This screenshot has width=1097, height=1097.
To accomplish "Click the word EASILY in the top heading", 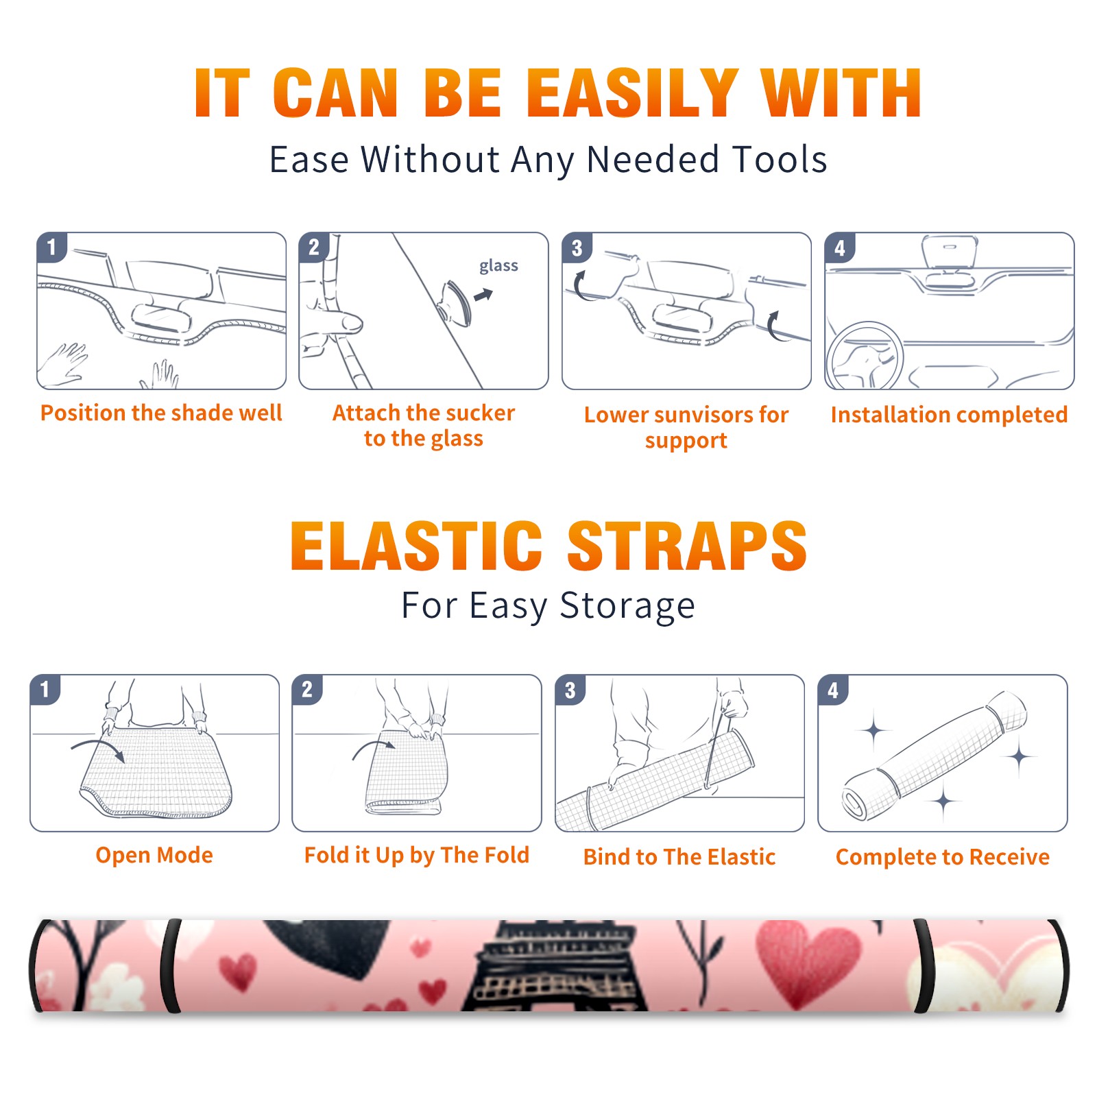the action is click(x=632, y=93).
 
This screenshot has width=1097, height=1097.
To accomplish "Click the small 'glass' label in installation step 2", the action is click(x=498, y=266).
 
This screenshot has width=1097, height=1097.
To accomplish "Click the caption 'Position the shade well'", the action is click(x=161, y=413).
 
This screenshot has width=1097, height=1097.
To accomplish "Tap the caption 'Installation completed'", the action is click(x=949, y=414).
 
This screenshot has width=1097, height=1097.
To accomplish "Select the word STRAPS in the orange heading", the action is click(x=687, y=546).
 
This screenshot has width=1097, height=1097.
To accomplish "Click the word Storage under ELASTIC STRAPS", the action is click(x=627, y=606).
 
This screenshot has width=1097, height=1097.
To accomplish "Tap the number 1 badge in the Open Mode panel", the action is click(x=45, y=689).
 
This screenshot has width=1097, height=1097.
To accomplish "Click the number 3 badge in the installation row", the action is click(x=577, y=248).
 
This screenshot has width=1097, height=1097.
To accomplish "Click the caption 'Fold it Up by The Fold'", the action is click(x=417, y=855).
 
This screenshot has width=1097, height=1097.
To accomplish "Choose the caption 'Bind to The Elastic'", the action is click(x=679, y=856).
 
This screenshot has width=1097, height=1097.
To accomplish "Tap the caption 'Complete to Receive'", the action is click(x=943, y=857).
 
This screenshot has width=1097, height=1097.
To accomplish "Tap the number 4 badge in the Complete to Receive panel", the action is click(x=833, y=690).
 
